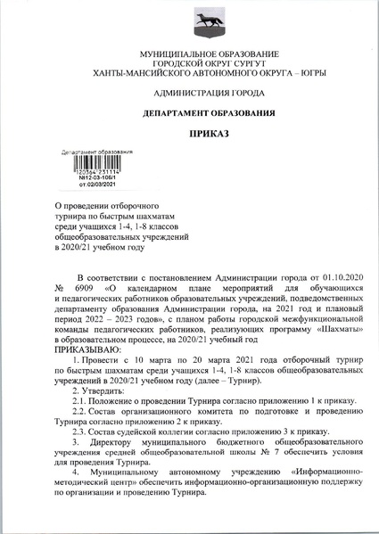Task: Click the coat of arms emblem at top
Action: click(x=188, y=23)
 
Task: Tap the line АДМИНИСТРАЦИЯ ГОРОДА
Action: click(x=189, y=93)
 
